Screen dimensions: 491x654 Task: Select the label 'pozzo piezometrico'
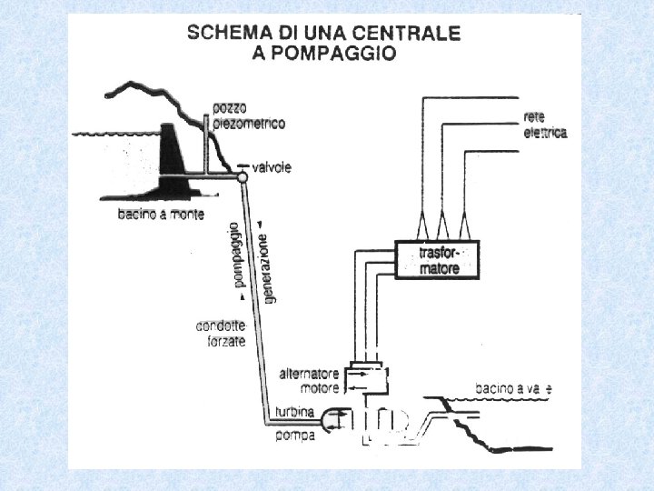(x=248, y=116)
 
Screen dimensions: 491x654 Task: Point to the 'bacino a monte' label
(x=161, y=215)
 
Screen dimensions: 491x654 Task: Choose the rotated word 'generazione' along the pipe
(x=266, y=264)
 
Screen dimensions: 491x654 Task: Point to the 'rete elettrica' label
(x=545, y=125)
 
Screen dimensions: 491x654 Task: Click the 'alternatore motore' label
(x=309, y=380)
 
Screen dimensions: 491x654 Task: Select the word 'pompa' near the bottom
(x=295, y=436)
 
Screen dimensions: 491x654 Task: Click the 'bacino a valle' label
(x=514, y=389)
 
